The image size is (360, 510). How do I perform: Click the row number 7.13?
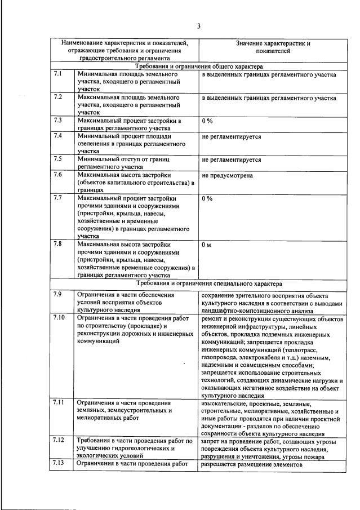(x=59, y=464)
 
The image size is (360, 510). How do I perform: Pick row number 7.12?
(x=59, y=440)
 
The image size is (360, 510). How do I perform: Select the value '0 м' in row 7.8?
(x=206, y=245)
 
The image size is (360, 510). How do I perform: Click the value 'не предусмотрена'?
(x=227, y=175)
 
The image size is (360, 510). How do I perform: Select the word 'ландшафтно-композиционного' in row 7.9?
(x=239, y=310)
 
